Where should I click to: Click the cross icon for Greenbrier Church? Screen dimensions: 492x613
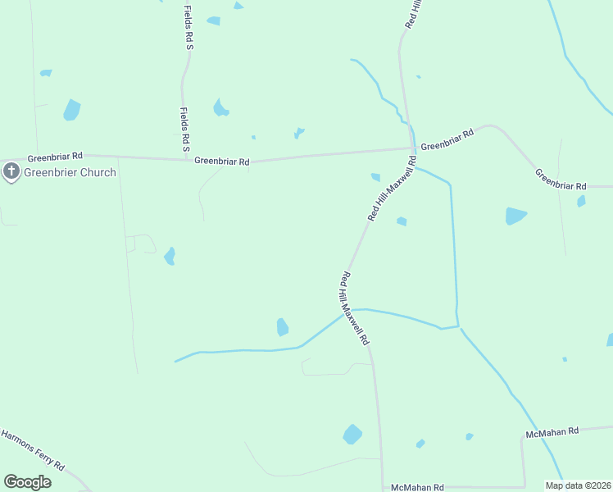click(11, 172)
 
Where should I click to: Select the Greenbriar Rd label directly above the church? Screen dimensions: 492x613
click(55, 156)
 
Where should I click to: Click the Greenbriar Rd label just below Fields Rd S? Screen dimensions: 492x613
click(222, 162)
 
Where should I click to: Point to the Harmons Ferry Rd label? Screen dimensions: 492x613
click(32, 449)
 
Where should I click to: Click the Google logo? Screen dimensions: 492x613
click(27, 482)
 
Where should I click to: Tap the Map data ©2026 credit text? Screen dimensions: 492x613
click(578, 485)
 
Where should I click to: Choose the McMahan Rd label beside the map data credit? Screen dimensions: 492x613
click(417, 486)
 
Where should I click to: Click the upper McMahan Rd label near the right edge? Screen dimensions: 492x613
click(552, 430)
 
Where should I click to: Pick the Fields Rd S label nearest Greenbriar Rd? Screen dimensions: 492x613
click(185, 130)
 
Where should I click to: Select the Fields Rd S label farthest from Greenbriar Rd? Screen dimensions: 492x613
click(188, 26)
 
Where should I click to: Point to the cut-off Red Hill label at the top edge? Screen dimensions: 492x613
click(414, 15)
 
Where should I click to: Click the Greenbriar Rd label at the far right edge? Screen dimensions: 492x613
click(561, 180)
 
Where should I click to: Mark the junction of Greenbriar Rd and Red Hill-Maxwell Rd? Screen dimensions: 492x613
click(411, 149)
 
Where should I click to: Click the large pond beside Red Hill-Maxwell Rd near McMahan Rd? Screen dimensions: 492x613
click(352, 434)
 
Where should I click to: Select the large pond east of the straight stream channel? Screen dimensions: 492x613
click(515, 216)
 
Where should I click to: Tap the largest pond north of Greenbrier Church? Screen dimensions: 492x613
click(72, 110)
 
